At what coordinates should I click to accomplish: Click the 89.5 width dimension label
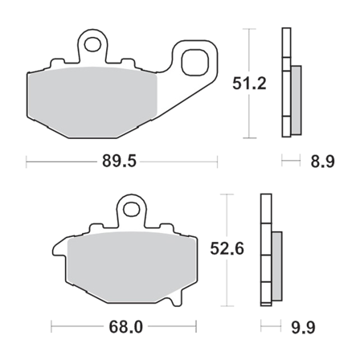click(x=122, y=162)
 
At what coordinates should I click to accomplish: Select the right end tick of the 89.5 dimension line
click(x=218, y=162)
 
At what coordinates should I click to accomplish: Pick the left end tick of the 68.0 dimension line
click(x=52, y=327)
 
